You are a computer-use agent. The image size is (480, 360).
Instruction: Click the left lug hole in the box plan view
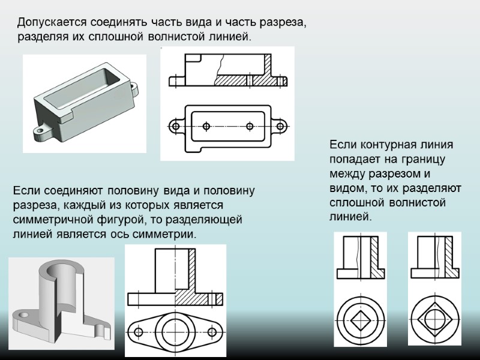tap(175, 126)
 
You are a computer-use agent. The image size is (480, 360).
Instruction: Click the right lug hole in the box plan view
tap(280, 126)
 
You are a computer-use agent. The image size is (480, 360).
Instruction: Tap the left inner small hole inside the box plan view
tap(206, 126)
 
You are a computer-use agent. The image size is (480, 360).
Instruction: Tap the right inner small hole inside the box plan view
tap(249, 126)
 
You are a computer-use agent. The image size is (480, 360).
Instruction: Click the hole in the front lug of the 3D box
tap(41, 129)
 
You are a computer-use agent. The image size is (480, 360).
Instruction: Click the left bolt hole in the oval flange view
tap(139, 332)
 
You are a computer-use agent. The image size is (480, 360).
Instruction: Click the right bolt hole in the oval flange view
tap(211, 332)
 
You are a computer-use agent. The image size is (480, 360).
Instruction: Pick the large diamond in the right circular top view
tap(434, 316)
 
